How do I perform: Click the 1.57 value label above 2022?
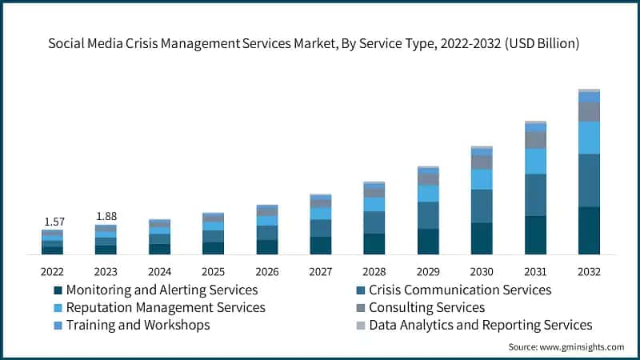(53, 221)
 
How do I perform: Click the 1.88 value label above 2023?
(106, 216)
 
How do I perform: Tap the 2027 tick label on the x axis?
(321, 271)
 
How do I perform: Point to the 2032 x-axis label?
(589, 271)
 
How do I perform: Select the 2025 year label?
(213, 271)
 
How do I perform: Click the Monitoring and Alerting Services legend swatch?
(58, 290)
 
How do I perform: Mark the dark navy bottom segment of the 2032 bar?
(589, 230)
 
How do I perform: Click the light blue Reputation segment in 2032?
(589, 138)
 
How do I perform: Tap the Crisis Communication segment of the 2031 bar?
(535, 194)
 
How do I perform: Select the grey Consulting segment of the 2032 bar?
(589, 112)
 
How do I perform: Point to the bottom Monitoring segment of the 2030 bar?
(482, 238)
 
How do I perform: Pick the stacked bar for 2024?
(160, 237)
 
